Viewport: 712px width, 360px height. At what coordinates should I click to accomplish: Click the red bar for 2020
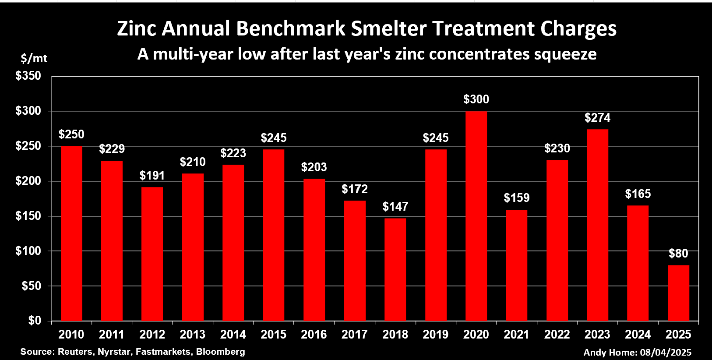476,216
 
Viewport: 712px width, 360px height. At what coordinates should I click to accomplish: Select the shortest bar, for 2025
678,293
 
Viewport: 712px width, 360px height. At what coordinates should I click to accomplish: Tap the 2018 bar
395,269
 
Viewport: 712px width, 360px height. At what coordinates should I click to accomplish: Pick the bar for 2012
152,254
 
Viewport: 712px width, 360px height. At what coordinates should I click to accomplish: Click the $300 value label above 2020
476,99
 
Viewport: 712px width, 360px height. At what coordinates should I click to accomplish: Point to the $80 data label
678,254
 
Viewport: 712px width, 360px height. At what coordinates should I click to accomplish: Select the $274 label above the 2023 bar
597,118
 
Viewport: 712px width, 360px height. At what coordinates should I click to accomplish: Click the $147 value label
395,207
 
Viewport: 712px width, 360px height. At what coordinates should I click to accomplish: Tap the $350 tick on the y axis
28,76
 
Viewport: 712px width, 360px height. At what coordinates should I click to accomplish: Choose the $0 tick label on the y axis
35,321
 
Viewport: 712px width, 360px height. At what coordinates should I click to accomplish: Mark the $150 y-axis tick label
28,216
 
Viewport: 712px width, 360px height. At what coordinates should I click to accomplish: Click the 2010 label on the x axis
71,335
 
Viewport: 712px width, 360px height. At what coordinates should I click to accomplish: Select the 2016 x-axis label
314,335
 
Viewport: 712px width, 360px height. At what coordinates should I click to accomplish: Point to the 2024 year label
638,335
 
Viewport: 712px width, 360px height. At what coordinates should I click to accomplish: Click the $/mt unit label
34,58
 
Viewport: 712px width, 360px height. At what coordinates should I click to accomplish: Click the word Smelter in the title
388,29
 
